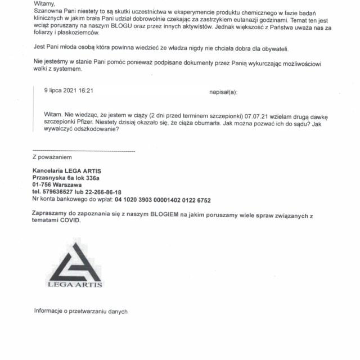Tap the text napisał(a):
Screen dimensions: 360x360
point(223,90)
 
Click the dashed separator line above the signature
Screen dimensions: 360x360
point(84,152)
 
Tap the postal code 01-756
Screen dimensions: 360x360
point(43,184)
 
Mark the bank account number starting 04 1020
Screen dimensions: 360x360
point(163,200)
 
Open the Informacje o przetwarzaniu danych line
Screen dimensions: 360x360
point(81,311)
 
